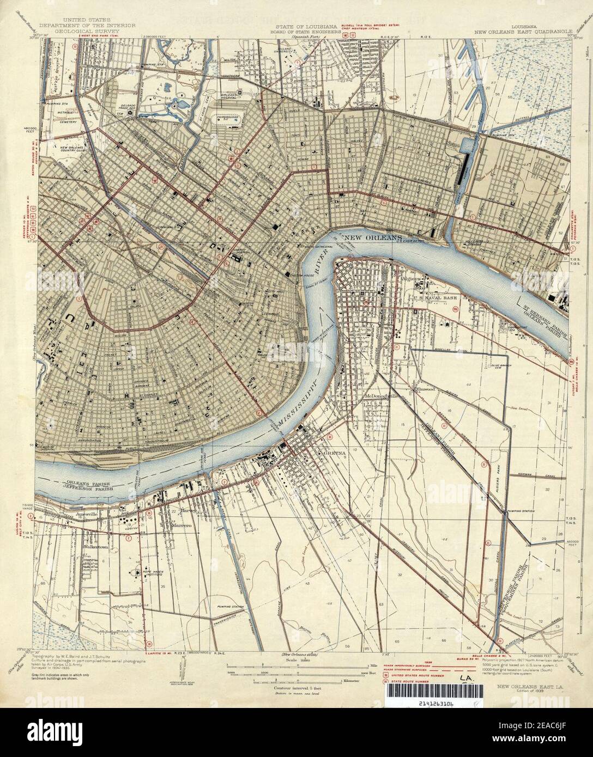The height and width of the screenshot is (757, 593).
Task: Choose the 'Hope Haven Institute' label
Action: point(137,570)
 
